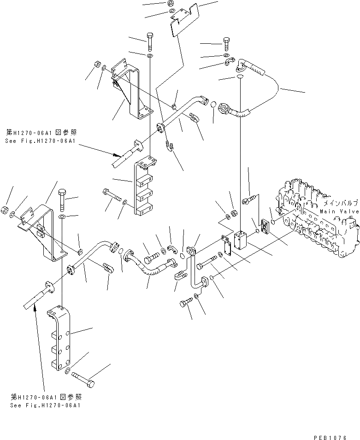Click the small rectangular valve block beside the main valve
coord(241,241)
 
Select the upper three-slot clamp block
coord(144,187)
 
